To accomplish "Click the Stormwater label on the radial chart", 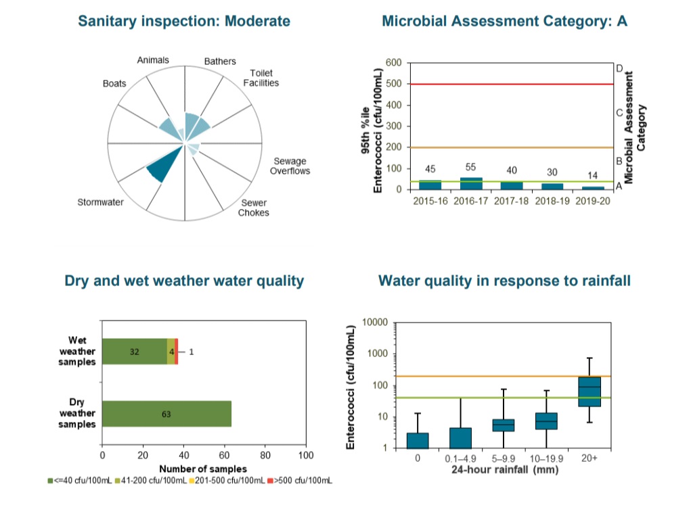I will tap(100, 203).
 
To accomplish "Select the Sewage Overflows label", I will tap(290, 166).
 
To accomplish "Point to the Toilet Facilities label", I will tap(261, 78).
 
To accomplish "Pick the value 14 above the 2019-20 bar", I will tap(593, 175).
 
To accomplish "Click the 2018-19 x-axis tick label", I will tap(552, 202).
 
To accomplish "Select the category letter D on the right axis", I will tap(619, 68).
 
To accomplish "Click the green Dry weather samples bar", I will tap(166, 414).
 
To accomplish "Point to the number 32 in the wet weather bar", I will tap(134, 352).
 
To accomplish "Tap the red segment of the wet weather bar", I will tap(176, 352).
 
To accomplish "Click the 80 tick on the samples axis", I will tap(265, 455).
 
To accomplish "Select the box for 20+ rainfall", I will tap(590, 391).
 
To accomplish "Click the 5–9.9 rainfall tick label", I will tap(504, 458).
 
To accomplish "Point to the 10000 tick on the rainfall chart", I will tap(374, 322).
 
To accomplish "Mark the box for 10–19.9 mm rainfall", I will tap(546, 421).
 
